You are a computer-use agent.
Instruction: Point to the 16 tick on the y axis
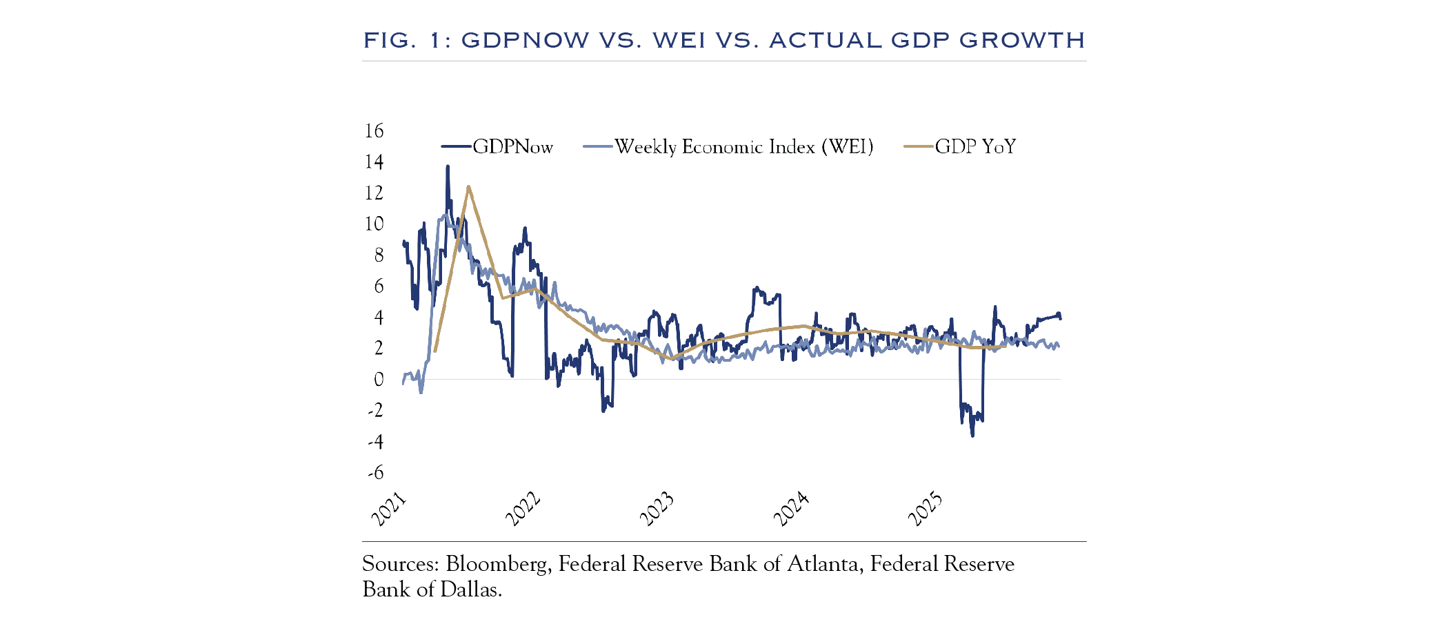coord(374,130)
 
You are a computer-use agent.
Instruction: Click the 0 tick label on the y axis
coord(379,379)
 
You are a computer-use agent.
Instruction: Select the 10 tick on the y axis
coord(374,224)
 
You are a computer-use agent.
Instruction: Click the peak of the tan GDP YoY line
coord(468,186)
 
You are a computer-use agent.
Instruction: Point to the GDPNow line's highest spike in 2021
coord(448,166)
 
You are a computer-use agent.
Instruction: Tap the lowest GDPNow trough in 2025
coord(972,436)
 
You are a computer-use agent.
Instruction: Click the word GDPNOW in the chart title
coord(525,40)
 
